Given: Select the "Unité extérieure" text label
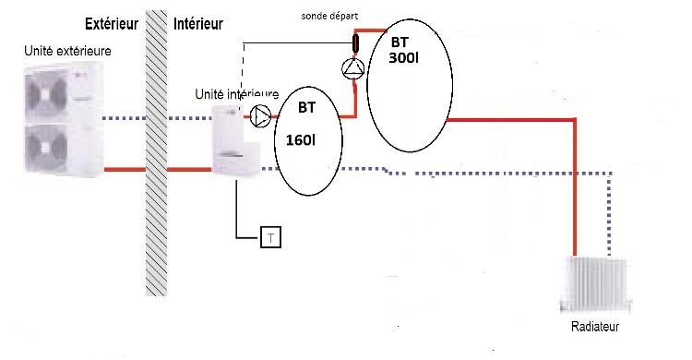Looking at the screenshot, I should coord(68,50).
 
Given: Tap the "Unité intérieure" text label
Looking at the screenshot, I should coord(237,93).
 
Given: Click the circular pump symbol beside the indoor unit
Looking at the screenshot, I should coord(262,115).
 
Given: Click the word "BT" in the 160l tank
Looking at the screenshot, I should coord(305,107).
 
